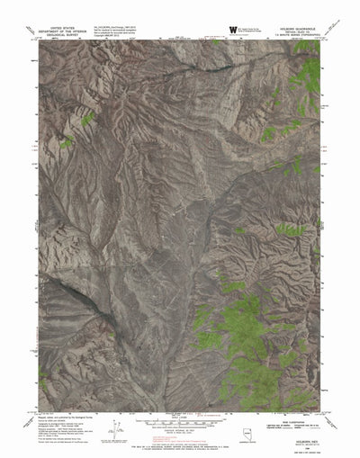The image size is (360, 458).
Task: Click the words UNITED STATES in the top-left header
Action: pos(62,28)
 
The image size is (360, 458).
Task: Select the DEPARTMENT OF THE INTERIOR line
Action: pos(62,32)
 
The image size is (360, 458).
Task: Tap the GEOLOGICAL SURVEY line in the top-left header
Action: pos(62,37)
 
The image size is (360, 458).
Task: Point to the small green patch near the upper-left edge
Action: pos(87,118)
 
